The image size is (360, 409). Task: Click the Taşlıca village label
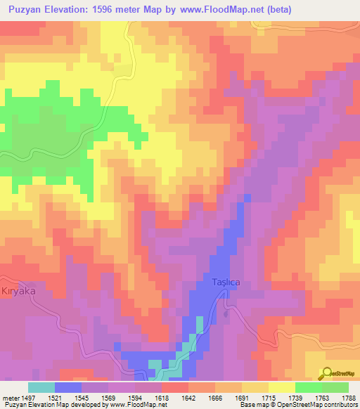(x=226, y=282)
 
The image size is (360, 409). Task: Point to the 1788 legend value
(x=349, y=398)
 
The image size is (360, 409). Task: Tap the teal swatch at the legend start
(x=41, y=387)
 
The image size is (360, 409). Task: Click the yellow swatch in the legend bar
(x=281, y=387)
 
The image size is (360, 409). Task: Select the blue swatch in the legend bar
(x=67, y=387)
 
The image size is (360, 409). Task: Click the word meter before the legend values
(x=9, y=398)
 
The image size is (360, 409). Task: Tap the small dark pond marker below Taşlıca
(x=226, y=314)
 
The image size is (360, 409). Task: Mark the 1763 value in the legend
(x=323, y=398)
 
